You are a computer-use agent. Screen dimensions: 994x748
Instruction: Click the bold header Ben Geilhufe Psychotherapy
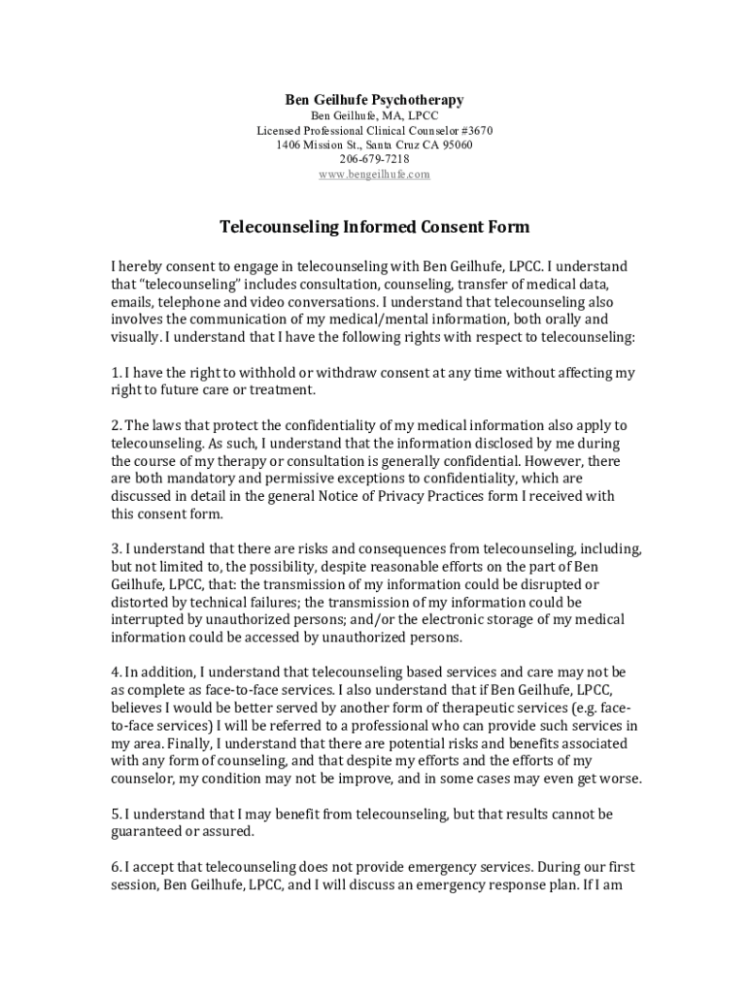tap(374, 99)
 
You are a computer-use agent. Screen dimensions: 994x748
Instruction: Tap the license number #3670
tap(475, 130)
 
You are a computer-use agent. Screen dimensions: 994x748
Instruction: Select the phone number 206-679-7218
tap(374, 159)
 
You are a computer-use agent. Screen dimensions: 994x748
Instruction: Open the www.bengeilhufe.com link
tap(374, 174)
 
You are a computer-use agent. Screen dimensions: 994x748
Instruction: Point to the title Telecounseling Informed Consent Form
tap(374, 227)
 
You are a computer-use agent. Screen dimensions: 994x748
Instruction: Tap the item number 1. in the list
tap(116, 373)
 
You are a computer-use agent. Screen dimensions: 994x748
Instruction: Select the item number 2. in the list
tap(116, 426)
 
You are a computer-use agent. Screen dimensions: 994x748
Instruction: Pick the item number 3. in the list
tap(116, 549)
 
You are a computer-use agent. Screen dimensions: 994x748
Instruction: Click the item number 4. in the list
tap(116, 673)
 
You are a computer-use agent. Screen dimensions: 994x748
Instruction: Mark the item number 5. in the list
tap(116, 814)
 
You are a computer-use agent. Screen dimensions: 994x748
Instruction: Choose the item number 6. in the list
tap(116, 868)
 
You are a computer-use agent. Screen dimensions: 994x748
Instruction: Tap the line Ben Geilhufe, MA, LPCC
tap(374, 116)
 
